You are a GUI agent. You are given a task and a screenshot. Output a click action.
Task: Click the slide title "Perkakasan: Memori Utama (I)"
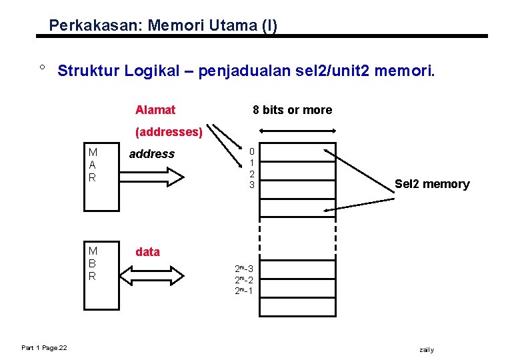coord(163,26)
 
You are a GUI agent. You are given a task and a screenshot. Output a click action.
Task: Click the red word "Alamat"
coord(155,110)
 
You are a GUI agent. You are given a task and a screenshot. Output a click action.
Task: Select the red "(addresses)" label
coord(169,132)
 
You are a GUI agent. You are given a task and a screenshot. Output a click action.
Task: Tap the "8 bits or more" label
coord(292,110)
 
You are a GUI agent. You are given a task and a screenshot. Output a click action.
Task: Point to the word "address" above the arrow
coord(151,154)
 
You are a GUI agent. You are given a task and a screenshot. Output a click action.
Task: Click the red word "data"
coord(147,252)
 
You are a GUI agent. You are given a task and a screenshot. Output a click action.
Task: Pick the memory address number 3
coord(252,185)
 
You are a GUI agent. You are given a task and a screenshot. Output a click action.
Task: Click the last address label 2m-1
coord(243,291)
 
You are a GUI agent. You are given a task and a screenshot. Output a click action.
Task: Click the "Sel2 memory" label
coord(432,185)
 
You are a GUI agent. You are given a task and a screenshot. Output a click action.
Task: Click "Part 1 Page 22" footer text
coord(48,347)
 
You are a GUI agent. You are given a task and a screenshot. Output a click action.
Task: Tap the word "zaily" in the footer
coord(426,350)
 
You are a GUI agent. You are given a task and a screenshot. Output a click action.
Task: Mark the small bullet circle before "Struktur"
coord(41,67)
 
